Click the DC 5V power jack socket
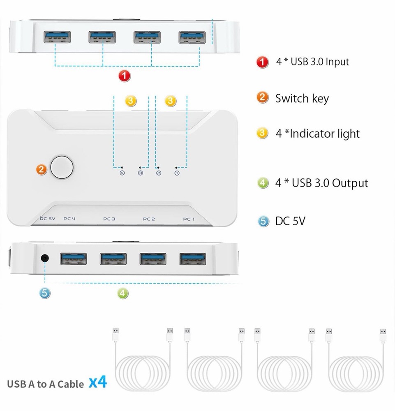(x=45, y=259)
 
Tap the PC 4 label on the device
(x=69, y=219)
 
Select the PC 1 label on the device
(x=189, y=219)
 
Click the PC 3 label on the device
(x=109, y=219)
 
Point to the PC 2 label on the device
(x=149, y=219)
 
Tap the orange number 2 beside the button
(x=42, y=169)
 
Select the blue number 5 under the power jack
(x=45, y=293)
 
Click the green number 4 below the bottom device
(x=123, y=293)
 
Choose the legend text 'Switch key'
(x=302, y=99)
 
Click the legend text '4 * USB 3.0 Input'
(x=312, y=62)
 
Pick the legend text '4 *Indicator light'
(x=317, y=134)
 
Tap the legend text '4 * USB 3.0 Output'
(x=321, y=183)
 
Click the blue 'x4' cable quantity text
(x=98, y=383)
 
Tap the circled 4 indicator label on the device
(x=122, y=173)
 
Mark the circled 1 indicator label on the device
(x=177, y=173)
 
